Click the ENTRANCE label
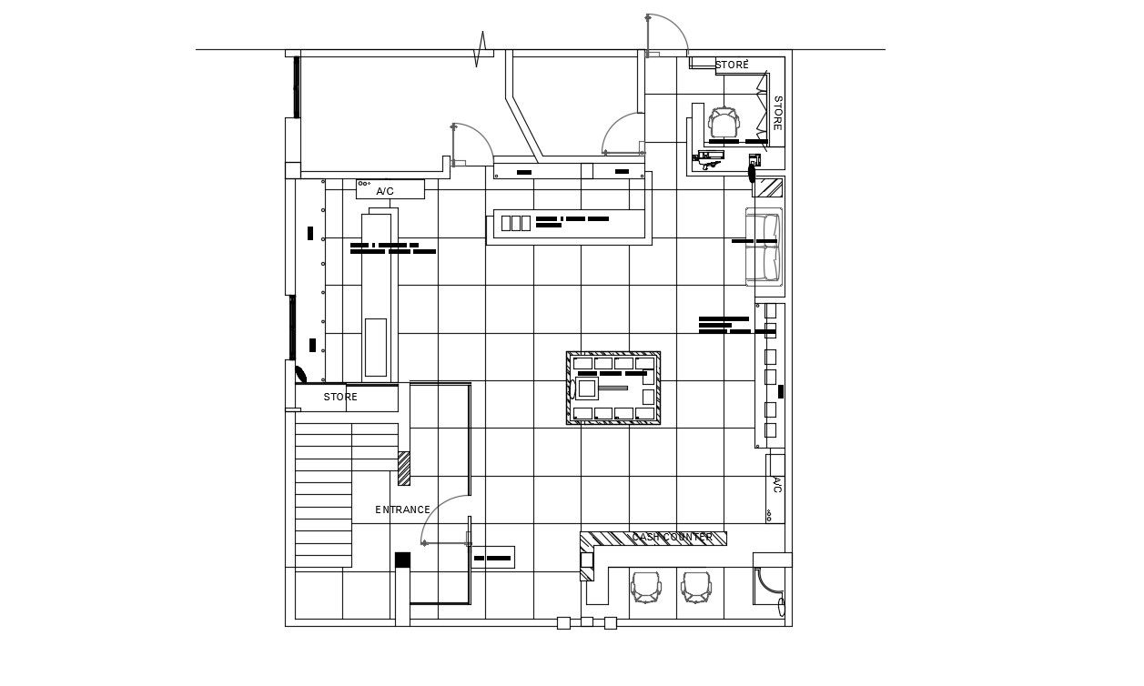click(402, 509)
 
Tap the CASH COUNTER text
click(672, 538)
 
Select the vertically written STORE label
click(778, 113)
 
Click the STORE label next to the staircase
click(340, 398)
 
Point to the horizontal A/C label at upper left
click(385, 191)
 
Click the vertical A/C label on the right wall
click(777, 484)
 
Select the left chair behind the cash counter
click(646, 587)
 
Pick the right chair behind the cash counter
click(697, 587)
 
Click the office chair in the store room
click(724, 122)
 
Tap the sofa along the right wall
click(764, 247)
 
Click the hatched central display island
click(613, 388)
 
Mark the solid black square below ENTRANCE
click(402, 560)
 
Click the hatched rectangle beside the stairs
click(404, 468)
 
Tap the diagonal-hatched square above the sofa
click(771, 187)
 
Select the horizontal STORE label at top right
click(732, 66)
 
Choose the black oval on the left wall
click(300, 373)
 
